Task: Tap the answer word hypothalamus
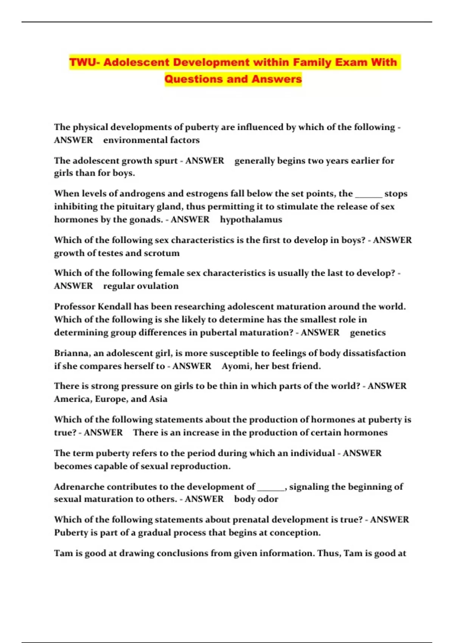(251, 219)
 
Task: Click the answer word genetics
(368, 332)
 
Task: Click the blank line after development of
(271, 488)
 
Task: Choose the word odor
(269, 499)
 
